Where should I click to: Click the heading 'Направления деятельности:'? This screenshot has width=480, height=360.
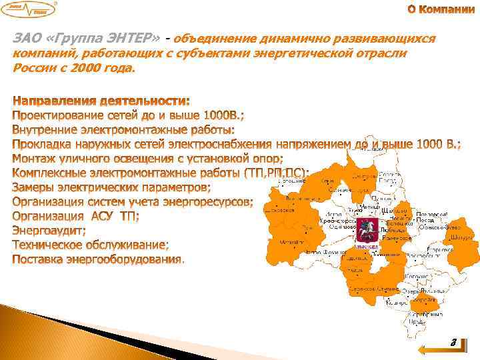[x=101, y=101]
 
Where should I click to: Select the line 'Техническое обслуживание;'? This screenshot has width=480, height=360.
[x=91, y=245]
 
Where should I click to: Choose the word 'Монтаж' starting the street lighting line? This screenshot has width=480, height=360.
[x=36, y=159]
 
